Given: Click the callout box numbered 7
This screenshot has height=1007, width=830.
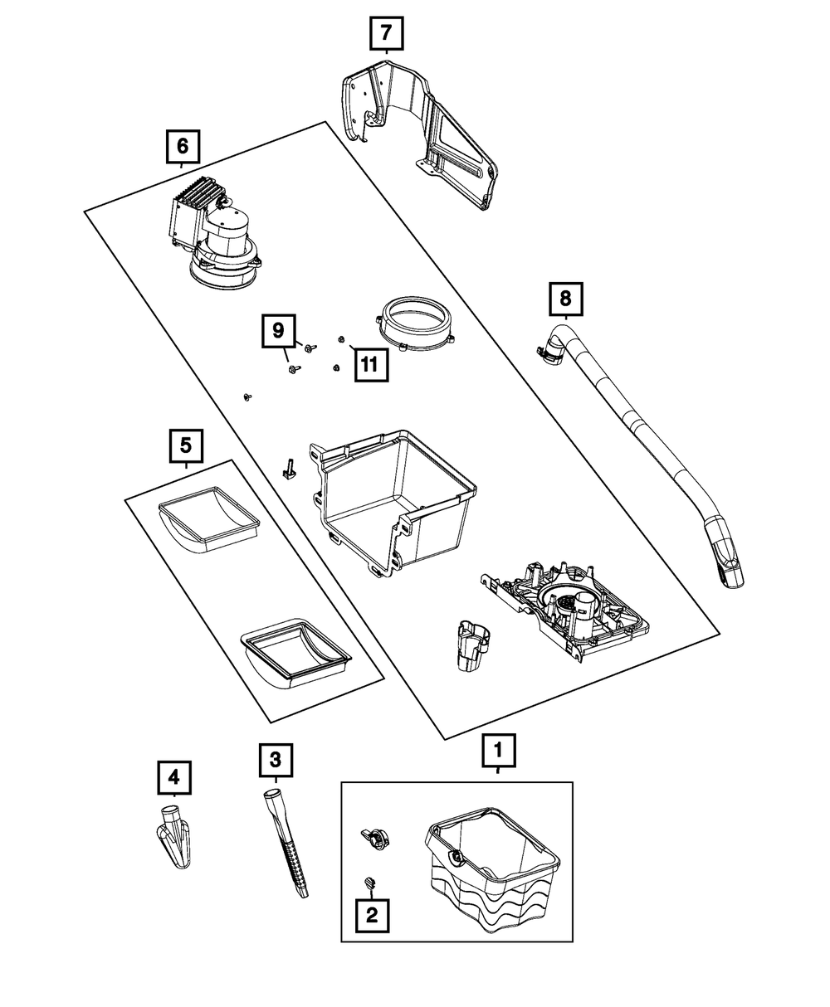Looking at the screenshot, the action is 387,33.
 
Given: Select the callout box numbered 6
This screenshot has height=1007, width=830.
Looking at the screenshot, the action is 183,146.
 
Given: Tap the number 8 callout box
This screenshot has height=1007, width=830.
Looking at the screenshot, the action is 566,299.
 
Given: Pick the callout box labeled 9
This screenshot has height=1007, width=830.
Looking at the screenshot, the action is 278,331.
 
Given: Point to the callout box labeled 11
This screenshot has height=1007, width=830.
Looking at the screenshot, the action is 372,365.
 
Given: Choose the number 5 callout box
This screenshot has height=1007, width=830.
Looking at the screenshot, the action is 186,446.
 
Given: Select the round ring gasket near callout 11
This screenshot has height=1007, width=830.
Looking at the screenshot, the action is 414,324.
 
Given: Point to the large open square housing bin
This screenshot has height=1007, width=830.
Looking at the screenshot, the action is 393,502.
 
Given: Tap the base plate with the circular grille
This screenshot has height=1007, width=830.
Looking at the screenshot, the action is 564,610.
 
